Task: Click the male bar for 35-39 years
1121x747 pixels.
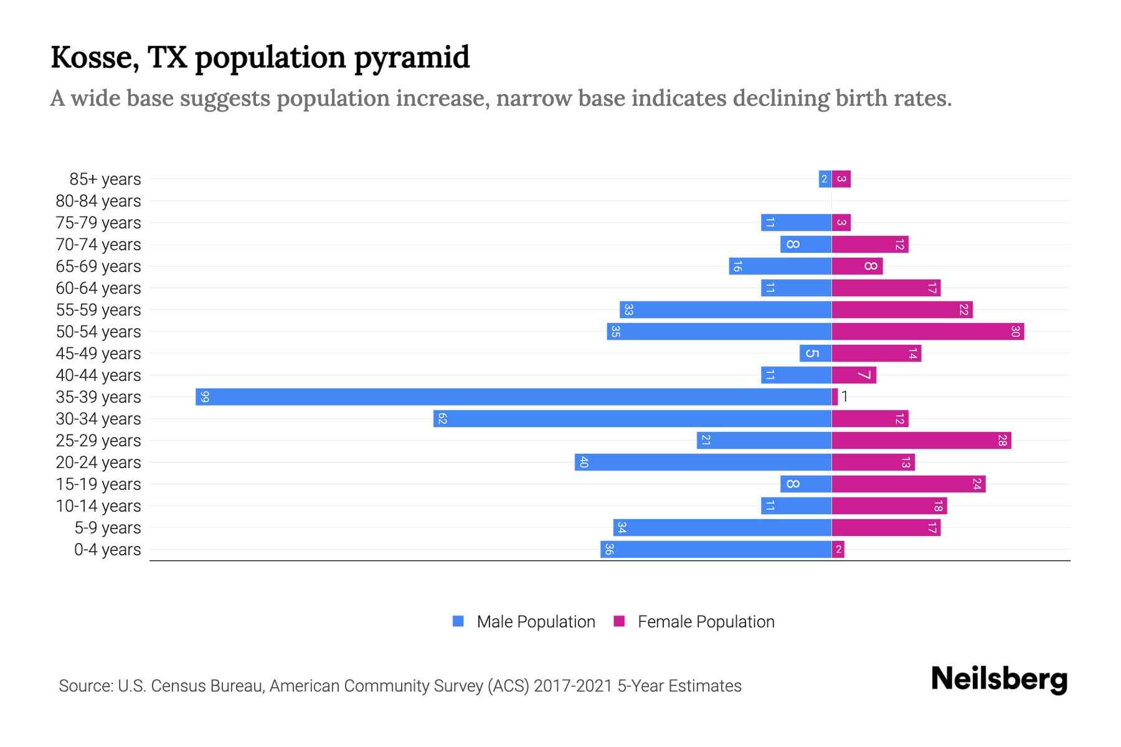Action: pos(513,397)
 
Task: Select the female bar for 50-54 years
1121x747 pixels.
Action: pos(927,331)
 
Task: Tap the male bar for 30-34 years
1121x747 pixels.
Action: pos(632,418)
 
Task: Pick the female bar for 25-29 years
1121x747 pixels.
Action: pos(921,440)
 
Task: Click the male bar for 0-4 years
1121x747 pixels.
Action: pos(716,549)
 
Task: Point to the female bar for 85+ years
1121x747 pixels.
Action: pos(841,179)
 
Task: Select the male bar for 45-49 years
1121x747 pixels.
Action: pos(815,353)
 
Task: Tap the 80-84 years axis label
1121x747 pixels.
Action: pos(98,201)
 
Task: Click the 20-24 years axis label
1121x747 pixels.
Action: pos(98,463)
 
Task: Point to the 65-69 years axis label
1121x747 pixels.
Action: pos(98,266)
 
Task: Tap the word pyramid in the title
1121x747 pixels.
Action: pos(412,58)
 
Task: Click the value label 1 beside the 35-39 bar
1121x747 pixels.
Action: pos(844,397)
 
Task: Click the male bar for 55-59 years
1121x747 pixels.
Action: pos(725,309)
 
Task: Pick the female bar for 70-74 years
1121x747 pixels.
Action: pos(869,245)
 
